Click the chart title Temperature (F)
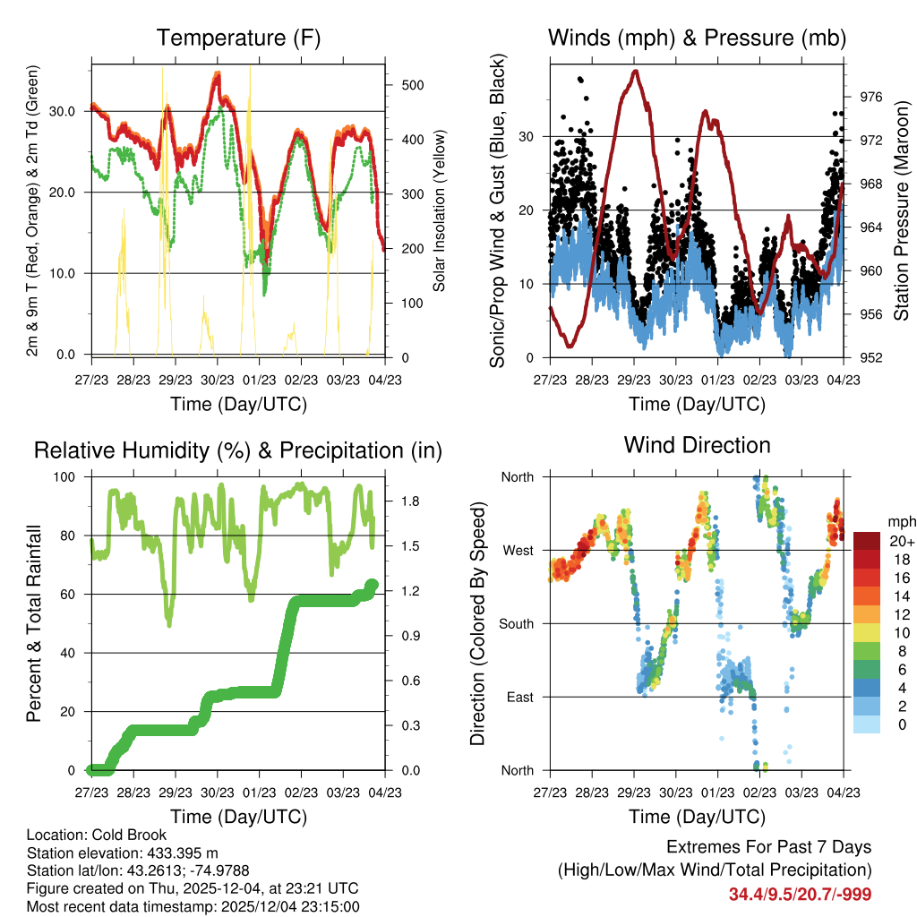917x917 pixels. pos(238,38)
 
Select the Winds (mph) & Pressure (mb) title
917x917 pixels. pos(697,38)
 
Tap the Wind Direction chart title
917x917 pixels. pos(697,444)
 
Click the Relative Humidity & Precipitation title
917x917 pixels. pos(238,450)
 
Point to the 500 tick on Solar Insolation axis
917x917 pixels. pos(413,85)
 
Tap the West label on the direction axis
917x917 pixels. pos(518,550)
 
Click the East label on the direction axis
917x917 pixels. pos(518,697)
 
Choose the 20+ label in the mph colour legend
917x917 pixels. pos(900,541)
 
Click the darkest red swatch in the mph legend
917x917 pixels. pos(867,541)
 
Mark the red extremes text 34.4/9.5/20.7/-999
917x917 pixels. pos(800,894)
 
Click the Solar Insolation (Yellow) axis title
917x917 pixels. pos(440,210)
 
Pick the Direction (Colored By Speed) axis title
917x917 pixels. pos(477,623)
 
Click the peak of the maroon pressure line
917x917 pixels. pos(636,71)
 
